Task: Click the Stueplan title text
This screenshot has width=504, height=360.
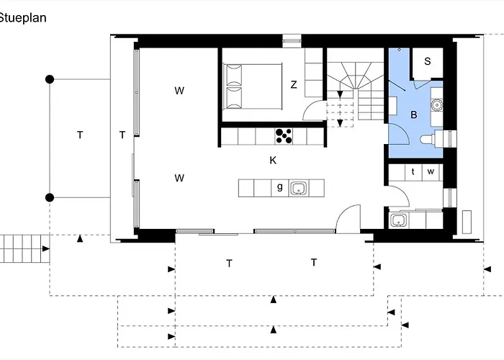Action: click(x=22, y=18)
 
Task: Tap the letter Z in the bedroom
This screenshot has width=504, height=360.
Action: click(x=294, y=84)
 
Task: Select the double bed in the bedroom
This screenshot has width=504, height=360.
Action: click(x=253, y=86)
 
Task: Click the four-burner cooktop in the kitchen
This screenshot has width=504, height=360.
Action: click(x=284, y=135)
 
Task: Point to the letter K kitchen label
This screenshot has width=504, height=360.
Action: click(x=273, y=160)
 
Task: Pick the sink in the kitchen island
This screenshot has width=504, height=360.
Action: click(x=299, y=189)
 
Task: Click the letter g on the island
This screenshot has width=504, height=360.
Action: click(x=280, y=186)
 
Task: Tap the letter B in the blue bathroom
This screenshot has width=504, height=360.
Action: click(x=414, y=114)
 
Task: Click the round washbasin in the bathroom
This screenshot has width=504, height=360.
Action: click(x=437, y=105)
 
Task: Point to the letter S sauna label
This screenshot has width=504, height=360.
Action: click(x=427, y=61)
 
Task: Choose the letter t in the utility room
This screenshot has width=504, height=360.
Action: click(x=413, y=171)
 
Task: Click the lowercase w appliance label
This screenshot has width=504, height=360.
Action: click(x=431, y=171)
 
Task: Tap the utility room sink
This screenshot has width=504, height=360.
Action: click(x=399, y=220)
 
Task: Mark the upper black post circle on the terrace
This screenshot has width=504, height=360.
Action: click(x=50, y=79)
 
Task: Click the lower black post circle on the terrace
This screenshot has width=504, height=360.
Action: click(x=50, y=198)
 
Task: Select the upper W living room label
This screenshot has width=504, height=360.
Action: click(x=179, y=91)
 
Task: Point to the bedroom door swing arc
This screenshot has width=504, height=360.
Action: click(x=310, y=104)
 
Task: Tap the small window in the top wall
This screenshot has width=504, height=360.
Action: click(x=292, y=41)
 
